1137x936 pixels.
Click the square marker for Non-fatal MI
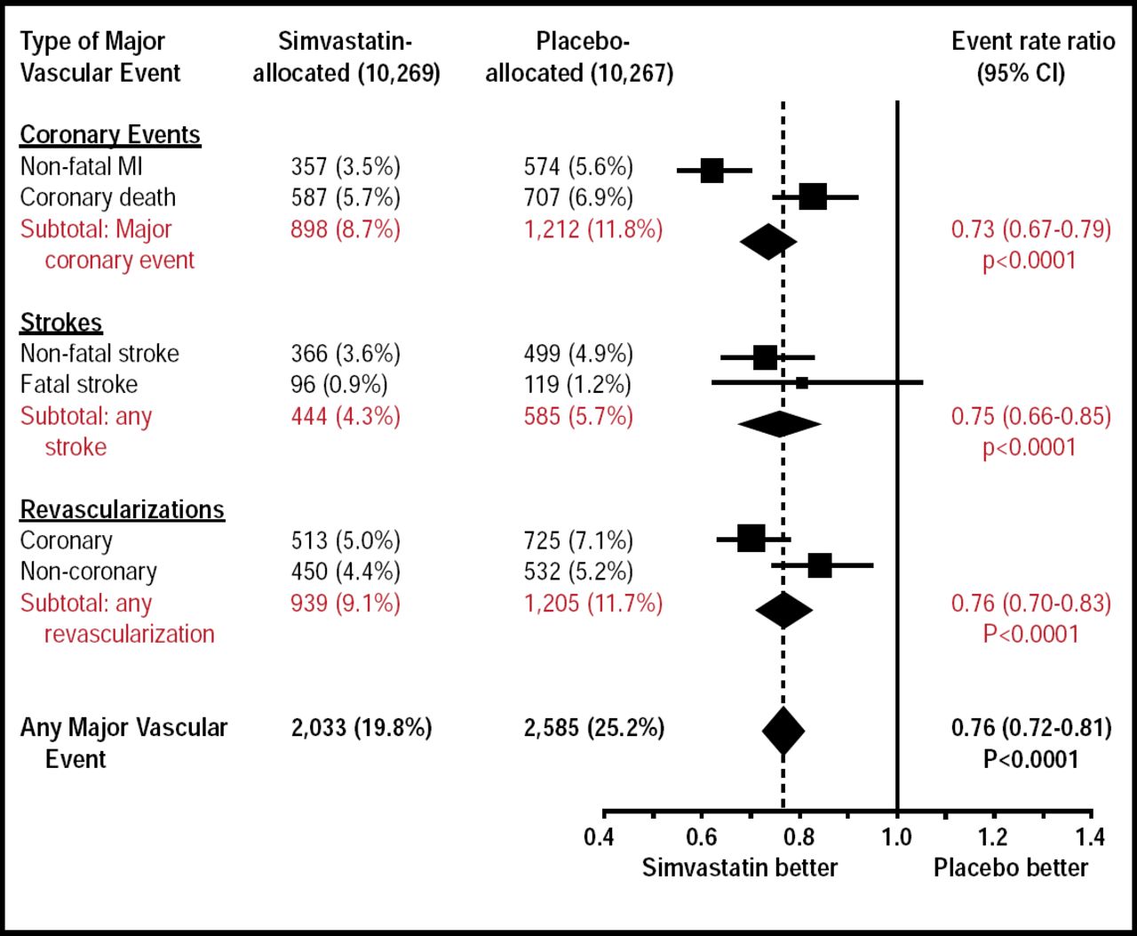pos(712,170)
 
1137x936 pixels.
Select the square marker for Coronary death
pos(812,196)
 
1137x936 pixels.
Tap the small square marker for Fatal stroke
pos(801,383)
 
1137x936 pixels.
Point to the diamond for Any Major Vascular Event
pos(783,731)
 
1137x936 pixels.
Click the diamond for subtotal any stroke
pos(779,424)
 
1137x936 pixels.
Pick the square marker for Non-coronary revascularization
pos(819,565)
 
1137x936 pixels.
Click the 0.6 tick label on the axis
pos(702,836)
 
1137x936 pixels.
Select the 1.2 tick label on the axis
pos(993,836)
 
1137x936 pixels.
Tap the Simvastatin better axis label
pos(739,868)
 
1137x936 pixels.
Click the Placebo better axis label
pos(1010,868)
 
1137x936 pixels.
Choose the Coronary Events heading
pos(110,134)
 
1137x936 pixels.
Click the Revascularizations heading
pos(122,509)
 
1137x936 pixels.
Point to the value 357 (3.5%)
pos(346,166)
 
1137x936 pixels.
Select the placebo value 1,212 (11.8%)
pos(592,229)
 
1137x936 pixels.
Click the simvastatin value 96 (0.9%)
pos(339,384)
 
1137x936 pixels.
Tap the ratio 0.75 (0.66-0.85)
pos(1030,416)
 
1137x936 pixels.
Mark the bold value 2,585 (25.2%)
pos(593,728)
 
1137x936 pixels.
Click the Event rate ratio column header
pos(1032,56)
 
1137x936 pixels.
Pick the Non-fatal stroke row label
pos(99,353)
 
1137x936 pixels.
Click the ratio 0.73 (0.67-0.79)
pos(1030,229)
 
